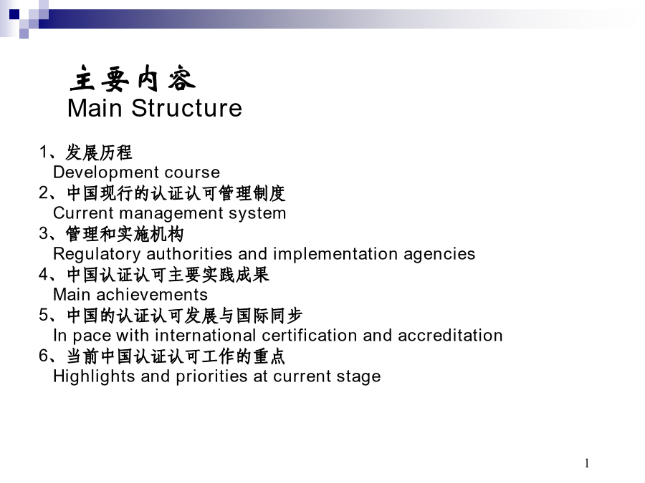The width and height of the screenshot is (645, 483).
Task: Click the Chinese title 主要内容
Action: point(133,78)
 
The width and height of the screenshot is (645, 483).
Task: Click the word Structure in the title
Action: point(187,108)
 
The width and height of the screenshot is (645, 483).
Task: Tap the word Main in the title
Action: point(95,108)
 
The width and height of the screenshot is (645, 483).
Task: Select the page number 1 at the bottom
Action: point(586,463)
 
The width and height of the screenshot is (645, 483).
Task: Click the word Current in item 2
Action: point(84,213)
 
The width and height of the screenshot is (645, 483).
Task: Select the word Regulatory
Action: point(97,254)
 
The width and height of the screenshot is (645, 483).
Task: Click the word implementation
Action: point(335,254)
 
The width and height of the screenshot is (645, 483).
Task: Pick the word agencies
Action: point(439,255)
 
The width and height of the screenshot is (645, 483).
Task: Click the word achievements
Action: point(152,295)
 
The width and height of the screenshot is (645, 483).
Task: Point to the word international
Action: point(206,336)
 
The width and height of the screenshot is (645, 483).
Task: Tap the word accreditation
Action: point(450,336)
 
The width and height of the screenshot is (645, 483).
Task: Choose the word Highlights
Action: point(94,376)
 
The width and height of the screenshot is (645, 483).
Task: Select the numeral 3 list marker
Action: point(44,233)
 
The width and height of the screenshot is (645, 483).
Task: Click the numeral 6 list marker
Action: point(44,355)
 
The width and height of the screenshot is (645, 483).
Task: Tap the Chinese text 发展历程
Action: point(99,152)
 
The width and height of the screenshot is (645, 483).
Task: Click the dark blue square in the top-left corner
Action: point(14,15)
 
